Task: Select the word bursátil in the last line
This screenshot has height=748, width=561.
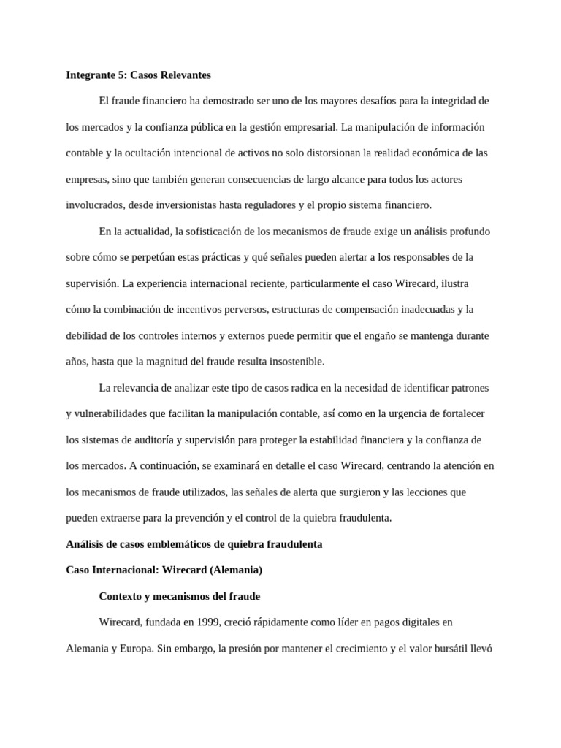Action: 446,649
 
